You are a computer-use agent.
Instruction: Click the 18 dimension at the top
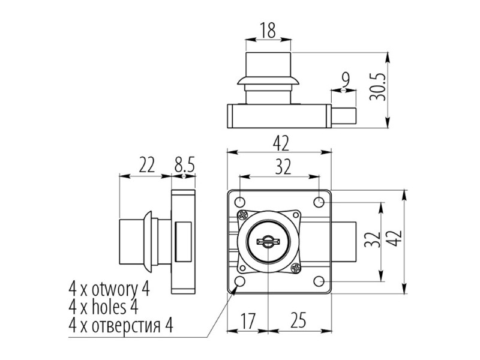click(x=268, y=30)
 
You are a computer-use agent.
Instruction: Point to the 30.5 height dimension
click(x=376, y=91)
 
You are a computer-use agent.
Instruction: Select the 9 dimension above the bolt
click(x=344, y=78)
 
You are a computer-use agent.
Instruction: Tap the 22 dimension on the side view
click(x=146, y=164)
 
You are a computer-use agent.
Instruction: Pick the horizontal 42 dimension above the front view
click(x=280, y=143)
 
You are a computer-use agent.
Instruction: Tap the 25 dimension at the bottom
click(x=298, y=320)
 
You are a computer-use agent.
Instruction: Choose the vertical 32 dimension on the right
click(x=371, y=241)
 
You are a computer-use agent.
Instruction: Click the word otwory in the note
click(x=115, y=289)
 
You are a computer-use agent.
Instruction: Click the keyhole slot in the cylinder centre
click(x=266, y=241)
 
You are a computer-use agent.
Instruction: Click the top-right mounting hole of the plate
click(x=320, y=201)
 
